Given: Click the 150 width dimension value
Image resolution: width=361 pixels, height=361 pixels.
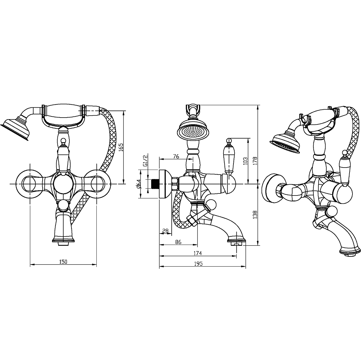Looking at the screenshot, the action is [x=63, y=262].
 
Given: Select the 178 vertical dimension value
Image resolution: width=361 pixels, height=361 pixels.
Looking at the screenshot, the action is [x=255, y=161].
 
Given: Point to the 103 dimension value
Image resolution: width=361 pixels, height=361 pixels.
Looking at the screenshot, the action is [x=245, y=161].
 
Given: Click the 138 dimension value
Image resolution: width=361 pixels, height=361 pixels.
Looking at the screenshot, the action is [x=255, y=215].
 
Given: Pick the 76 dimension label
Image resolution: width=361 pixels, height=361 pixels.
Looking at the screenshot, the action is [x=176, y=156].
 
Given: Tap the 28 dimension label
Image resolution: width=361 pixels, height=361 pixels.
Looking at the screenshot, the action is [x=165, y=231].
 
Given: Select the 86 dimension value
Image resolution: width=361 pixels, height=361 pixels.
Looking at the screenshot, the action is [x=178, y=242].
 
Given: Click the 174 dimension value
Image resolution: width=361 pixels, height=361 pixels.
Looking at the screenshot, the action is [x=198, y=253].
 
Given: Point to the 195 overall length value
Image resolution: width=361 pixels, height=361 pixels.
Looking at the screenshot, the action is [x=198, y=264].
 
